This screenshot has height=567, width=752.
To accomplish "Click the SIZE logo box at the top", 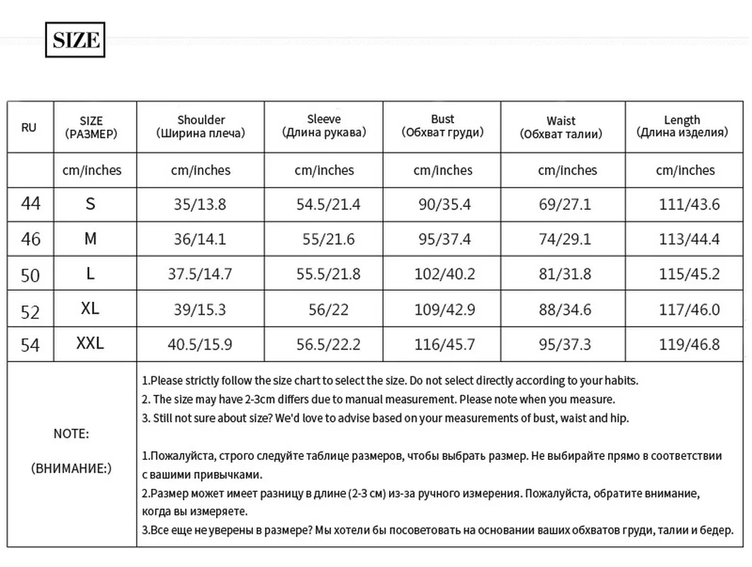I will [75, 40].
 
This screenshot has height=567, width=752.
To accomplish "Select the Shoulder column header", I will [201, 126].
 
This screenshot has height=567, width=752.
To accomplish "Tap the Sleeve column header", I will [324, 125].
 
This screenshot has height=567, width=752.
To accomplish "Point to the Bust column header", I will [442, 125].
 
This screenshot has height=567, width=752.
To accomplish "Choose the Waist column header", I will [561, 127].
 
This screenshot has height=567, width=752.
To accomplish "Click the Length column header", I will [682, 126].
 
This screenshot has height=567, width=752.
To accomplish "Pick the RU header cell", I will [29, 128].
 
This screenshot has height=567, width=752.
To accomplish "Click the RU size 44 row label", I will [31, 204].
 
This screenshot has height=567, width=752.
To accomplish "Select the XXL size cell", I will [90, 344].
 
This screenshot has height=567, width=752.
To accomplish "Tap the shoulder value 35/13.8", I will [200, 205].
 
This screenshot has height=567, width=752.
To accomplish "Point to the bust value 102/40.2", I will [444, 274].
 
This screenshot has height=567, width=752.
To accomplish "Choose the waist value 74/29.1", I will [565, 240].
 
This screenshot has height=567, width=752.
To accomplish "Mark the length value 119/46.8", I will [689, 345].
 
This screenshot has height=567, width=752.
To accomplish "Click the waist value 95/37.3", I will [565, 345].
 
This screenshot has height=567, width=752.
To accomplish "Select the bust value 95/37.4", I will [444, 240].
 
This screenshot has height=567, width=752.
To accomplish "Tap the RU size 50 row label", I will [30, 274].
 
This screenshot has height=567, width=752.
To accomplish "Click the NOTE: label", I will [72, 434].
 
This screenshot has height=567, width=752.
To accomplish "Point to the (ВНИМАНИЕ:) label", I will [72, 468].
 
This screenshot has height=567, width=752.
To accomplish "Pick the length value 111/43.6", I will [689, 205].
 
